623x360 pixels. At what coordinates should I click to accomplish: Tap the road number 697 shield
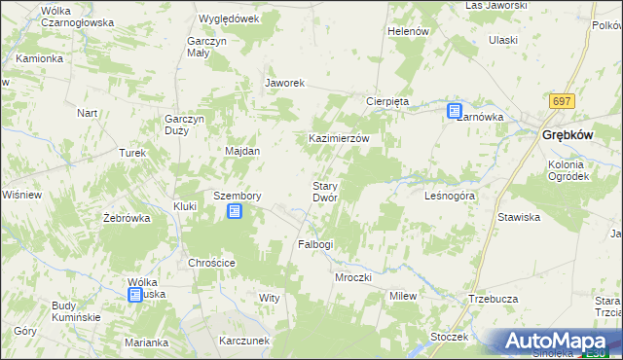point(561,101)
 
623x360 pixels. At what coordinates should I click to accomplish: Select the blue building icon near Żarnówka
point(455,112)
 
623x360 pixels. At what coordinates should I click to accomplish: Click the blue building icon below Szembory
point(234,211)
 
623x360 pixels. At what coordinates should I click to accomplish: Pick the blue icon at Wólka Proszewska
point(135,296)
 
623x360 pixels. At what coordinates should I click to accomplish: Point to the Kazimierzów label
point(339,139)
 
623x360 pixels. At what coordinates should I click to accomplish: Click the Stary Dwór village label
point(324,192)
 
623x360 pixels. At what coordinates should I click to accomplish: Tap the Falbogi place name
point(315,244)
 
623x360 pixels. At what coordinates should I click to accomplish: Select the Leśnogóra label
point(450,196)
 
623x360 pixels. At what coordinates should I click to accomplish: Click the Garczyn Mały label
point(206,48)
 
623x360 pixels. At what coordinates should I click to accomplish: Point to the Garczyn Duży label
point(183,126)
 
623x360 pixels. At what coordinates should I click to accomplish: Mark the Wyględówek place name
point(228,18)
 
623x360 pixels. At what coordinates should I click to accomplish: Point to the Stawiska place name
point(519,217)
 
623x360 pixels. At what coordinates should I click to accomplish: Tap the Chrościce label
point(212,263)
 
